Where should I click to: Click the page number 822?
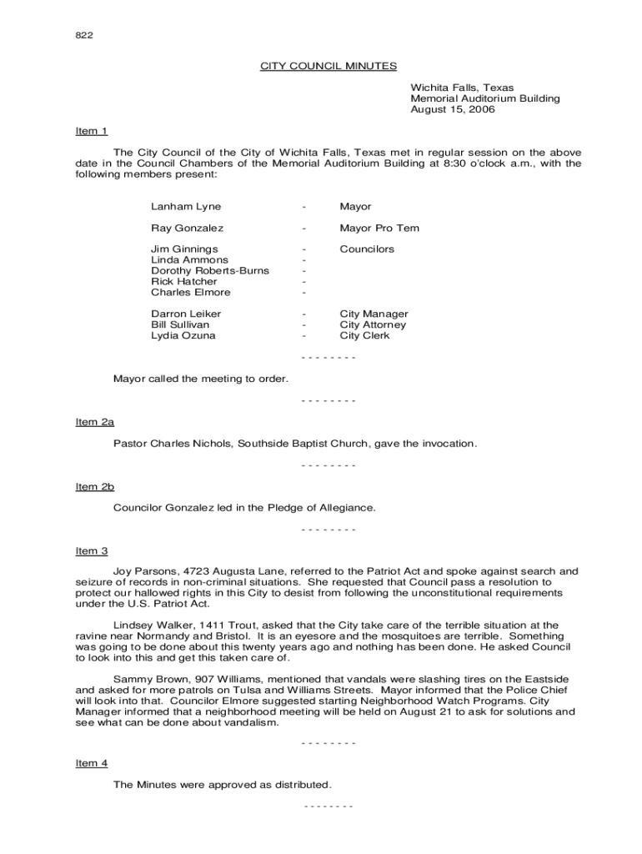click(x=84, y=35)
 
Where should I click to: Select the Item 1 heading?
click(x=92, y=131)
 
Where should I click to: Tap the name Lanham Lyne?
click(x=186, y=207)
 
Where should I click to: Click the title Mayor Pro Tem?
click(x=379, y=229)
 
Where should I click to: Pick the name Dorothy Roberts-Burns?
click(x=210, y=271)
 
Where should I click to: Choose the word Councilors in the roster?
click(x=367, y=249)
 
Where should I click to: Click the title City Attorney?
click(x=373, y=324)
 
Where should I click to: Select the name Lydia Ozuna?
click(x=183, y=335)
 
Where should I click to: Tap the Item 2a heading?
click(x=94, y=422)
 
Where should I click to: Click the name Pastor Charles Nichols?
click(x=173, y=444)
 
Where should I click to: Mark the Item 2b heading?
click(x=94, y=486)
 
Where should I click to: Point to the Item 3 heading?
click(x=92, y=550)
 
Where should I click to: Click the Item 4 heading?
click(x=92, y=763)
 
